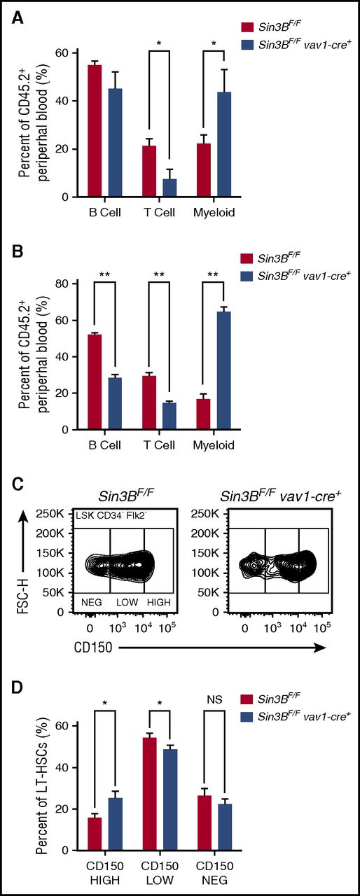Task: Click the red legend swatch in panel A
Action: point(247,27)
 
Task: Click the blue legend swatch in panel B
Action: point(247,275)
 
